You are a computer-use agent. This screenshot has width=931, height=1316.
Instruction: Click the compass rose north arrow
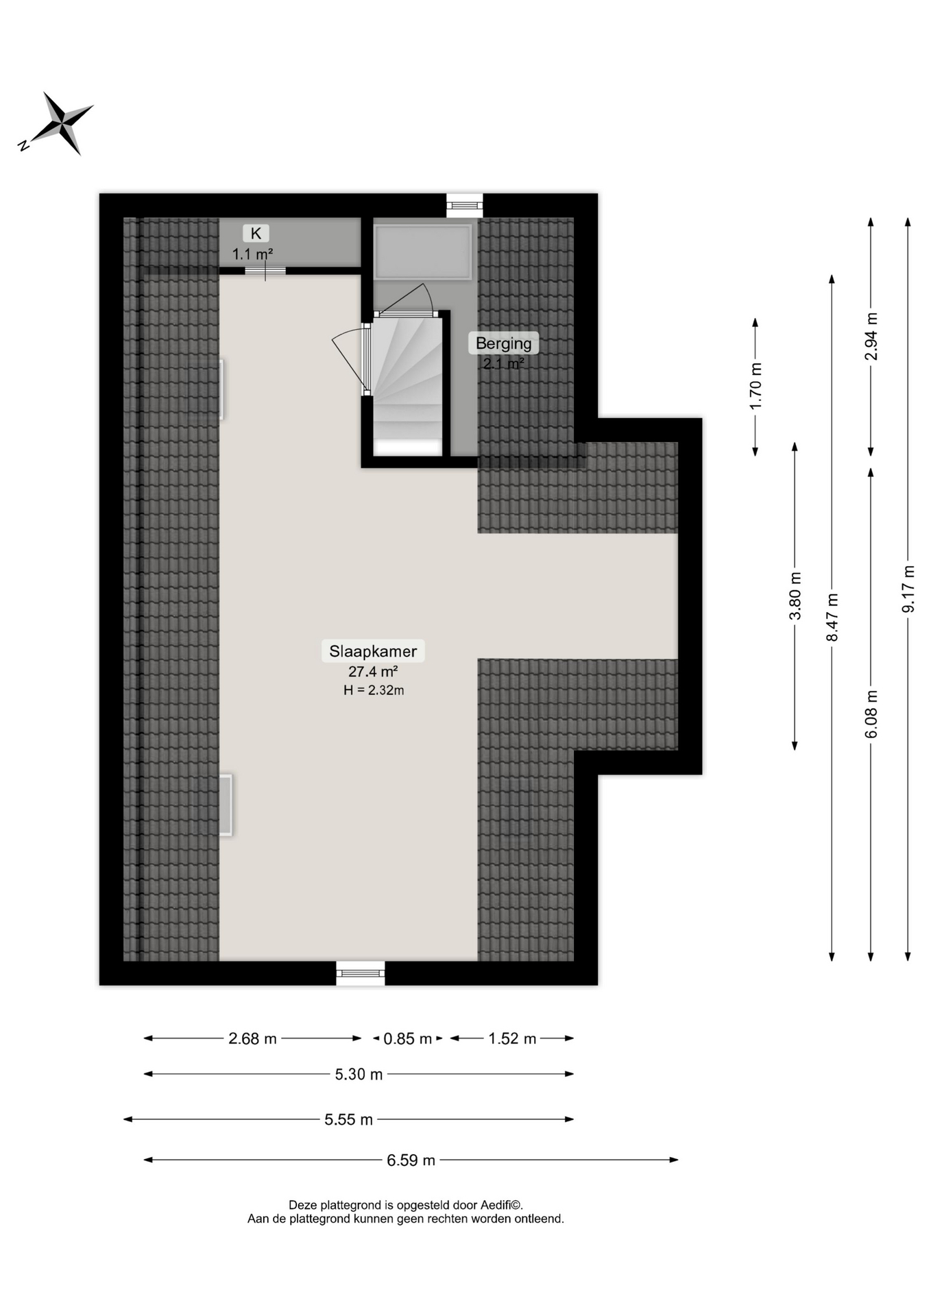[56, 124]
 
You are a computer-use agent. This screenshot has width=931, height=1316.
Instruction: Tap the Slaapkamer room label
[373, 651]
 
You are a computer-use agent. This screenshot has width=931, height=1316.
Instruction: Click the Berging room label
[504, 343]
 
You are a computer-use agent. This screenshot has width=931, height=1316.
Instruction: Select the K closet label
[256, 234]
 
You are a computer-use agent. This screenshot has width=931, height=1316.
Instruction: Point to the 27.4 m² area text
[373, 672]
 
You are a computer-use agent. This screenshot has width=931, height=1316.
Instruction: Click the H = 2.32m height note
[374, 690]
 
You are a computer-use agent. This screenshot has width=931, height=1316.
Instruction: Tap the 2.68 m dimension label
[252, 1038]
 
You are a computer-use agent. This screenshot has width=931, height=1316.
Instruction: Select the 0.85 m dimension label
[408, 1038]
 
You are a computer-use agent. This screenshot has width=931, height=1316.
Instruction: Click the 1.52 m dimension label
[512, 1038]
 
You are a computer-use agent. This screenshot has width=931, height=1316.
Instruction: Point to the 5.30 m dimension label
[359, 1074]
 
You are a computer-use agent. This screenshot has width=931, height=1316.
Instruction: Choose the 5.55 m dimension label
[349, 1119]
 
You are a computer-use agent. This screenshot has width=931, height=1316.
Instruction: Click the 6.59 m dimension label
[411, 1160]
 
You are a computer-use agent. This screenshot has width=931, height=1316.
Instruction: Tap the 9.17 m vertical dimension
[908, 589]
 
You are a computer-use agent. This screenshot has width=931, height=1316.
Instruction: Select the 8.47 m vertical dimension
[832, 618]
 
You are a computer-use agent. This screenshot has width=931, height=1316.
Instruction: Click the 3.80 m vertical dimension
[795, 596]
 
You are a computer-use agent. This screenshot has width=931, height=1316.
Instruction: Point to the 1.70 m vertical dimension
[755, 387]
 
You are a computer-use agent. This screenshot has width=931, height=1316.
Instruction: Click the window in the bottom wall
[361, 973]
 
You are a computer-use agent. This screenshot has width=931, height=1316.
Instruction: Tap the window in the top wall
[465, 205]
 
